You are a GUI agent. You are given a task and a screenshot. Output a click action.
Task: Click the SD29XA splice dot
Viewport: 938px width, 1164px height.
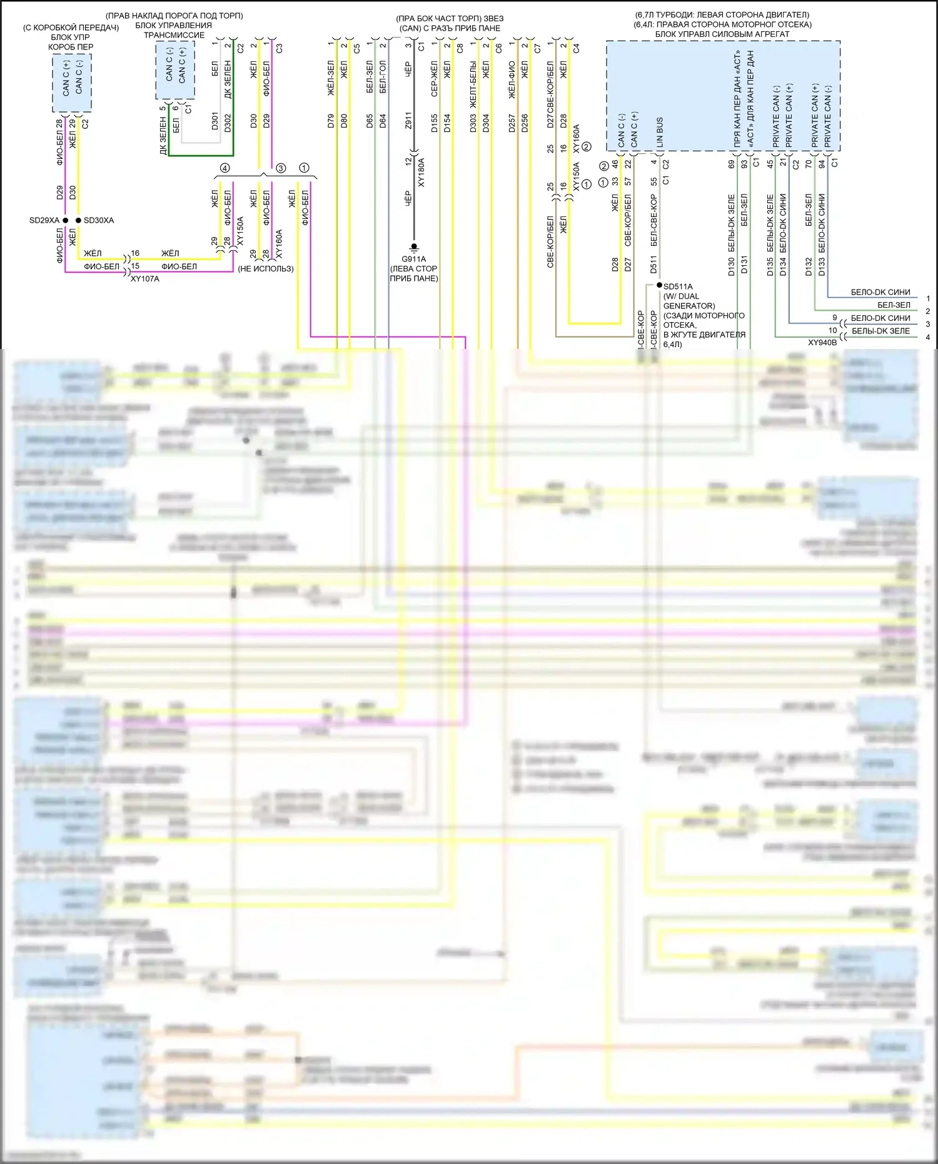point(65,220)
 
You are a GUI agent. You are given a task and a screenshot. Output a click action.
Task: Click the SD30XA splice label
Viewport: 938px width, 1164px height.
point(99,220)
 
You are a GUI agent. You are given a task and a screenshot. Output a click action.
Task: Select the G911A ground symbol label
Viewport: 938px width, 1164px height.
point(413,259)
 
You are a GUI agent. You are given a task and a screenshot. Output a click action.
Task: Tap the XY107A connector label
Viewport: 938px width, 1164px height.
point(145,279)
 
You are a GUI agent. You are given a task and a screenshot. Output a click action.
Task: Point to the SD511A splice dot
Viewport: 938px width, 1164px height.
point(659,286)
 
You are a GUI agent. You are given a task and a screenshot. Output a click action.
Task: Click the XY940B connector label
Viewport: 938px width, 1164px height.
point(822,343)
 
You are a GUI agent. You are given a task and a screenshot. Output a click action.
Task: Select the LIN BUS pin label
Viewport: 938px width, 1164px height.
point(660,132)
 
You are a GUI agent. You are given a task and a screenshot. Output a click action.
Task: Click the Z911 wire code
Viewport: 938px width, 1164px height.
point(408,121)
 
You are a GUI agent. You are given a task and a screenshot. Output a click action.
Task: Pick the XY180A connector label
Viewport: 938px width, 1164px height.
point(421,173)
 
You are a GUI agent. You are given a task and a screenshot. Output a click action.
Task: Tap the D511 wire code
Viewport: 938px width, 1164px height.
point(653,265)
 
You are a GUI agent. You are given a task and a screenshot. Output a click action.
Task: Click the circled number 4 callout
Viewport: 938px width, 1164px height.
point(225,168)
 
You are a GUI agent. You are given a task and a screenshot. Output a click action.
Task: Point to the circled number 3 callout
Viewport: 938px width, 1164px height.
point(281,168)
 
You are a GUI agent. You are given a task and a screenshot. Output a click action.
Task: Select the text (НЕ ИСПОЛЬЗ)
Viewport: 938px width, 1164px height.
point(265,269)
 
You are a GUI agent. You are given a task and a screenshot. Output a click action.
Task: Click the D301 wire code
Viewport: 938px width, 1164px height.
point(214,121)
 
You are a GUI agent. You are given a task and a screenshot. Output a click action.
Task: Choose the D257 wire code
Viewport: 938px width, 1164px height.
point(512,121)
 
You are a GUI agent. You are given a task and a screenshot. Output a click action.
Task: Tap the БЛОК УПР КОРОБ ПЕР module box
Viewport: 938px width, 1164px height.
point(72,83)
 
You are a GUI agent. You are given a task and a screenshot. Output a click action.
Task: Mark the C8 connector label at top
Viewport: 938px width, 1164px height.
point(460,48)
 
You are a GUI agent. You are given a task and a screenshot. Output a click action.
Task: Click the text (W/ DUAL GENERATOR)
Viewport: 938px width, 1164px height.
point(688,301)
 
